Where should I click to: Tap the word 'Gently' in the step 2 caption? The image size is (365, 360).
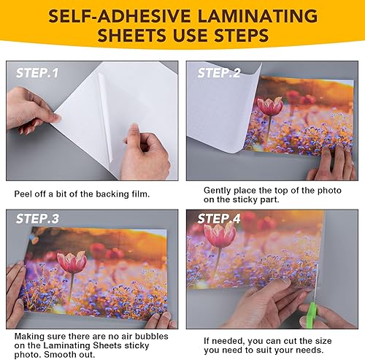click(x=219, y=189)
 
